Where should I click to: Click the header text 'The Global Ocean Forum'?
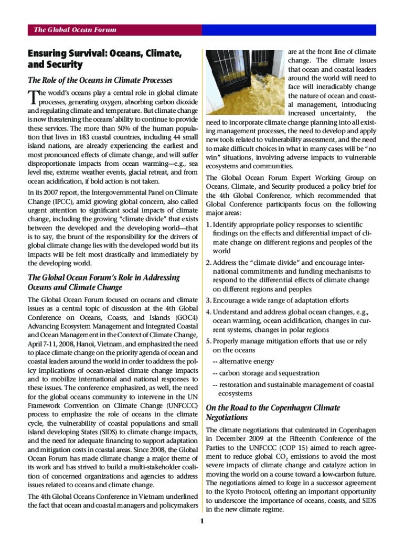click(75, 30)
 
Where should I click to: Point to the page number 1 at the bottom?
click(202, 521)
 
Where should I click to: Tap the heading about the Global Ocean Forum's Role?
click(103, 282)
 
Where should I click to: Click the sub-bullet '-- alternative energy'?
click(243, 362)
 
